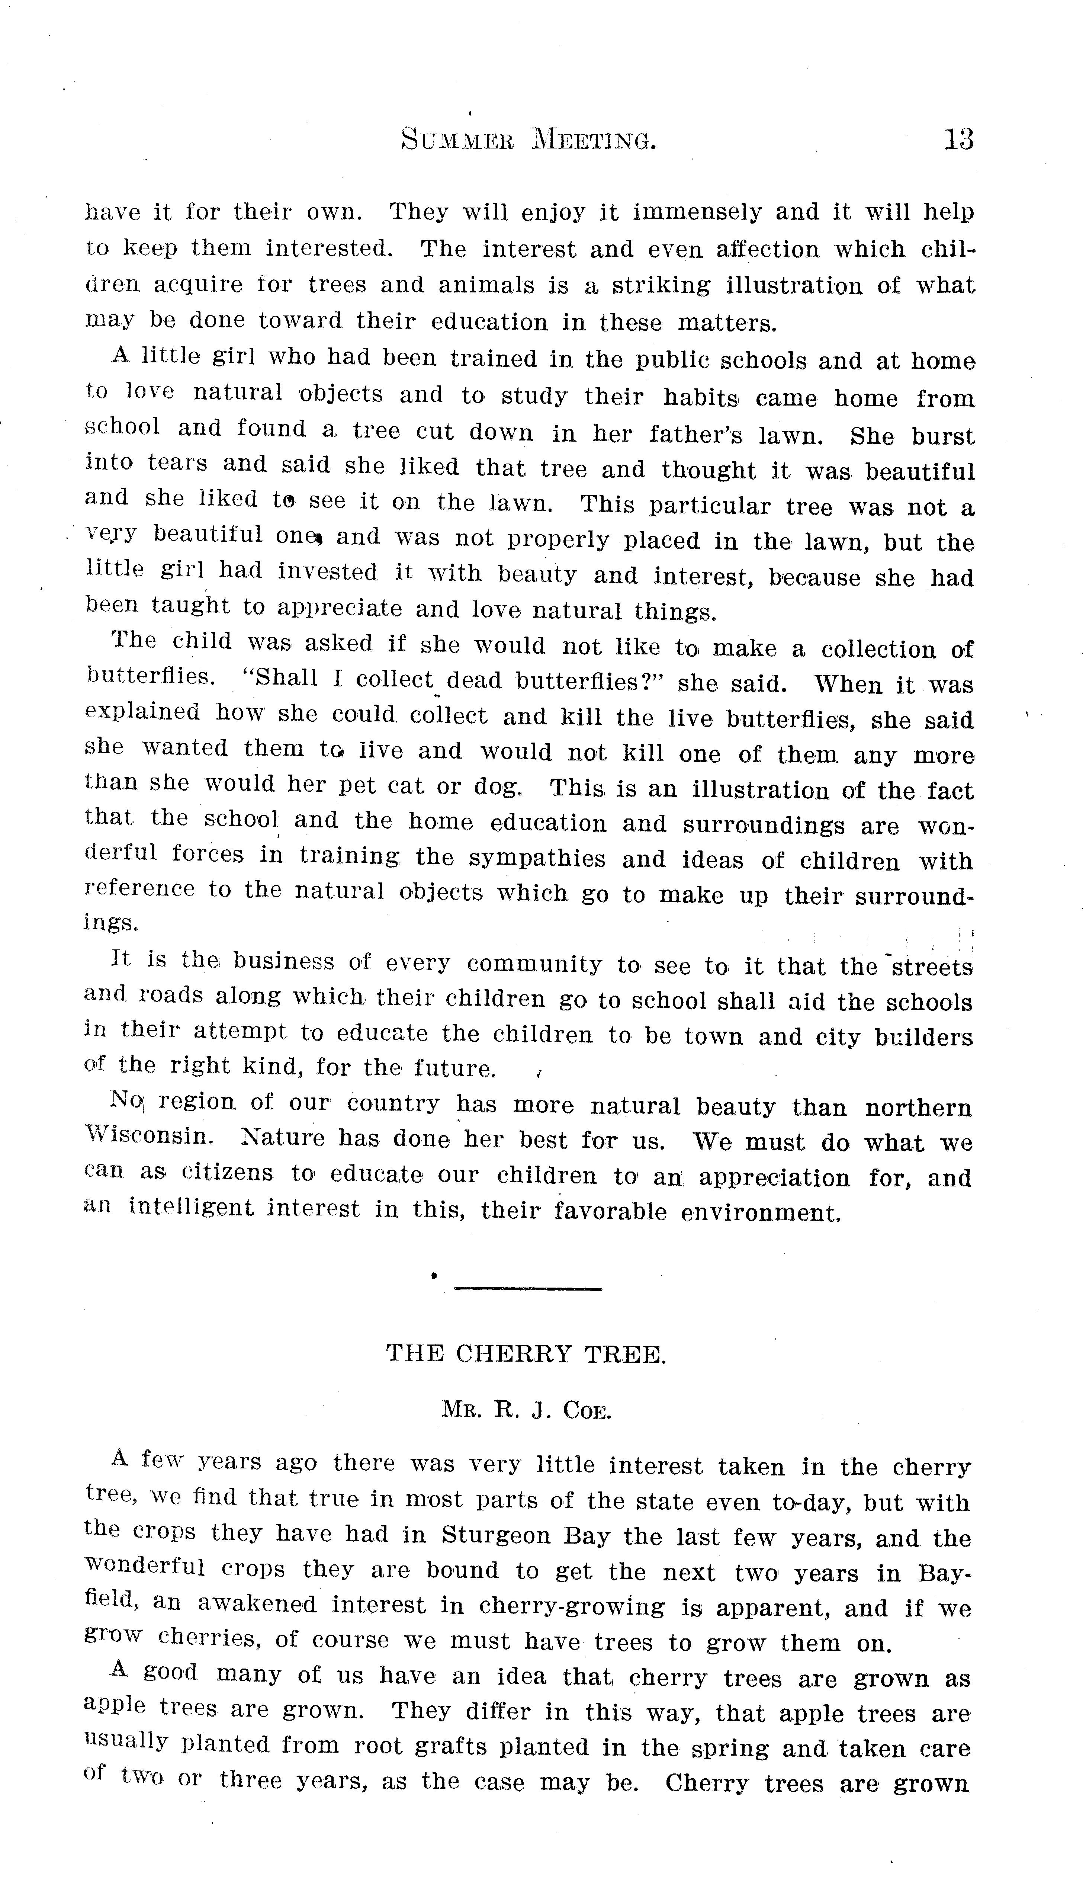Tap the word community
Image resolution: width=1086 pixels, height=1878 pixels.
[x=534, y=965]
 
